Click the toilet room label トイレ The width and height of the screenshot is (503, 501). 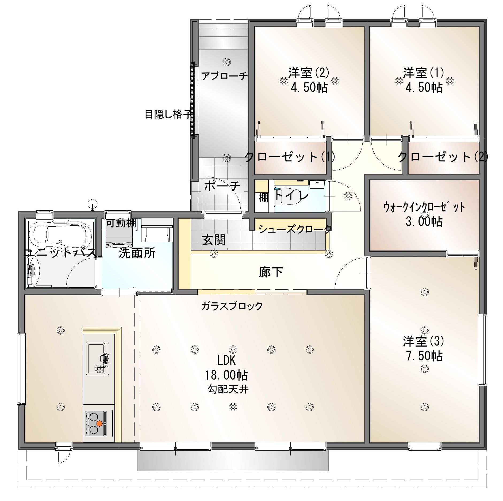[x=292, y=196]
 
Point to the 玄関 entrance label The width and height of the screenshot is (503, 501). [x=214, y=240]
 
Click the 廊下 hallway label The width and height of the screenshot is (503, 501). [x=271, y=272]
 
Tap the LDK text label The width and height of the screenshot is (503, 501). [x=226, y=361]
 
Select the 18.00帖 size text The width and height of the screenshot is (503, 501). [x=226, y=375]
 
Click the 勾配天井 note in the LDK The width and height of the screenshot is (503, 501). [x=228, y=389]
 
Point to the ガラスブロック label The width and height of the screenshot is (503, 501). [x=232, y=306]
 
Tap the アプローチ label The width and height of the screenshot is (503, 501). [x=224, y=76]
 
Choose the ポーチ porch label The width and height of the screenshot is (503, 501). [x=222, y=186]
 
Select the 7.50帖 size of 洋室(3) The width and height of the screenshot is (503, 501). [x=424, y=356]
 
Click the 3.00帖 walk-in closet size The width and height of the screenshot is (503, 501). [x=424, y=222]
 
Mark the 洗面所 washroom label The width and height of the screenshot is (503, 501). [x=137, y=253]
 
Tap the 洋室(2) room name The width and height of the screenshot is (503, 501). [x=309, y=73]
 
